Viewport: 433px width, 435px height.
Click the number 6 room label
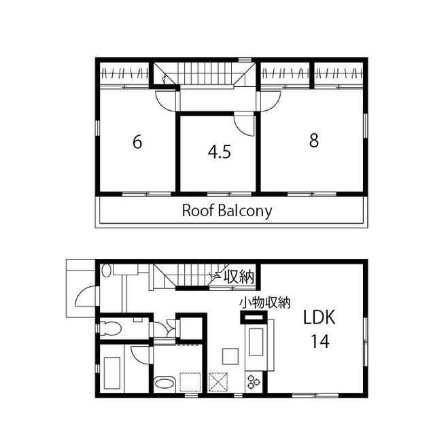coord(137,142)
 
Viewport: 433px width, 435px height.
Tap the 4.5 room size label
coord(220,152)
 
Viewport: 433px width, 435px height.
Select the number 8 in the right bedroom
coord(314,140)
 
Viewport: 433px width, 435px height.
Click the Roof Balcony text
coord(227,211)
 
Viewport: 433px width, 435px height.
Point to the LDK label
coord(319,317)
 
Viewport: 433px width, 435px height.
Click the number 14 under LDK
coord(320,341)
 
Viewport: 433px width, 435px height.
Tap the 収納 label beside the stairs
coord(239,277)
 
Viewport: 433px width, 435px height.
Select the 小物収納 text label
coord(265,302)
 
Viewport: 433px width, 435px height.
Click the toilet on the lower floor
coord(111,328)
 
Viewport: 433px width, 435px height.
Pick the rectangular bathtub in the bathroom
coord(112,373)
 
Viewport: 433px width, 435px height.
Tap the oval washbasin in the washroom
coord(164,383)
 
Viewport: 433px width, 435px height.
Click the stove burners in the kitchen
coord(254,381)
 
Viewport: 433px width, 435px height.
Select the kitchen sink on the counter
coord(256,342)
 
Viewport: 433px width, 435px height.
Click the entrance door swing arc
coord(84,296)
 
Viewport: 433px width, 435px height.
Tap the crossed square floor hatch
coord(218,382)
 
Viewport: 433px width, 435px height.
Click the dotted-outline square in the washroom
coord(190,382)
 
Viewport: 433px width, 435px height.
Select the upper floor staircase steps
coord(205,73)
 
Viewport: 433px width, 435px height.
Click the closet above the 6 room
coord(124,74)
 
